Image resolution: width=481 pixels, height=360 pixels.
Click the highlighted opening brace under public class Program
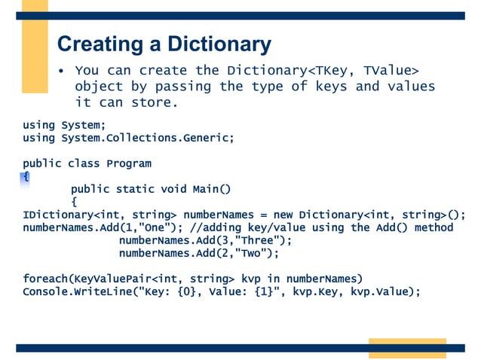pos(26,176)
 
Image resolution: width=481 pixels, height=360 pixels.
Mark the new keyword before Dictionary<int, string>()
pos(283,215)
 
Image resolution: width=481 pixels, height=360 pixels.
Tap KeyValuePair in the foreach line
pos(108,279)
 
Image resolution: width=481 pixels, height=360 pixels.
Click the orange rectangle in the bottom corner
pos(397,348)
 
